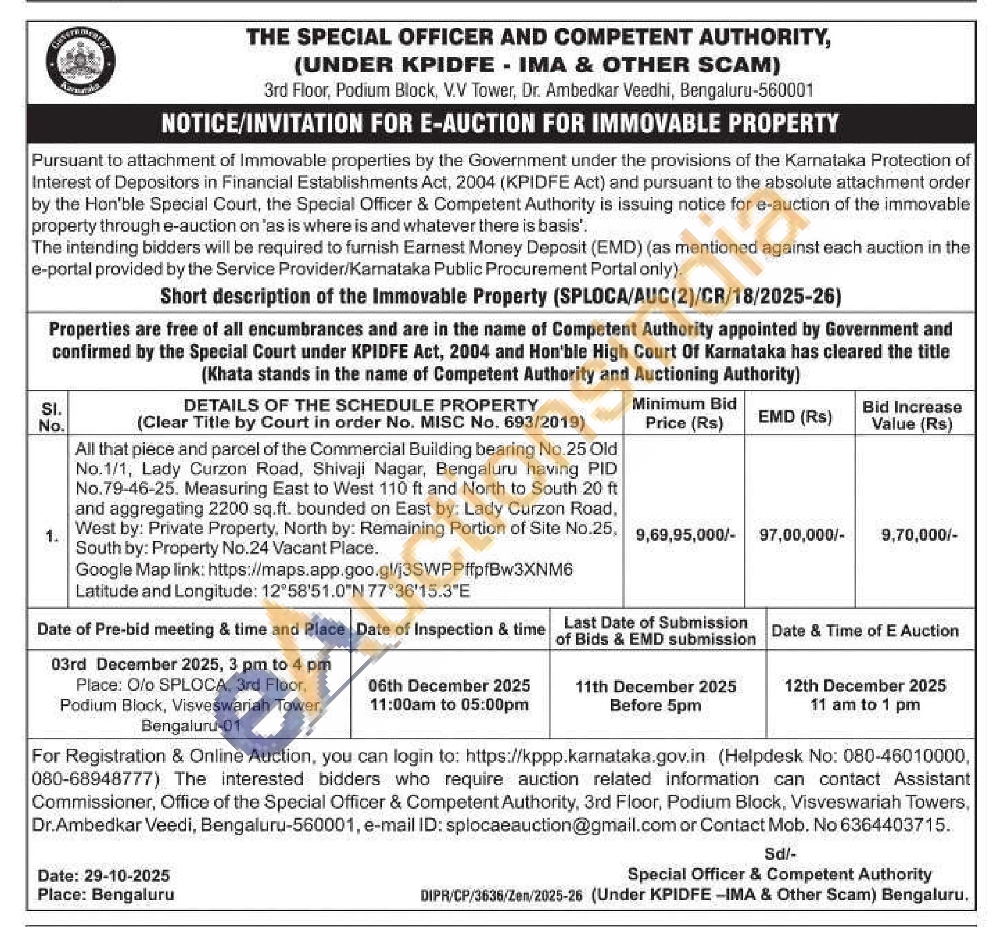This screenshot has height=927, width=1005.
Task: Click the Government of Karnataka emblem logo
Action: point(80,61)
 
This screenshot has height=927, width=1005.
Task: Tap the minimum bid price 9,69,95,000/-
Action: point(685,535)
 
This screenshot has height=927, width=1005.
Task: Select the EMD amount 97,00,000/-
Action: point(801,535)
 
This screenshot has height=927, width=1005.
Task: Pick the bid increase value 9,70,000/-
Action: point(919,535)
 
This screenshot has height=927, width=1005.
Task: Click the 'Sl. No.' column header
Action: point(52,417)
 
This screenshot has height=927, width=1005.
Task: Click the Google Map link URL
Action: point(390,570)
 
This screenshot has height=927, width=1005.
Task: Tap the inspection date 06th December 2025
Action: point(449,686)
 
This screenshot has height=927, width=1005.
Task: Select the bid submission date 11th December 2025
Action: point(656,686)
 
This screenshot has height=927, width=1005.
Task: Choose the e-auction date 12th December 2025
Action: point(865,686)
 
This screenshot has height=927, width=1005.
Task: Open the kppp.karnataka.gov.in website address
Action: point(585,755)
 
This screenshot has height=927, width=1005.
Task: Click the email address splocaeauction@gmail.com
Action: point(561,825)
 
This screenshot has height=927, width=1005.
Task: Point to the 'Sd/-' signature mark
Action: point(780,853)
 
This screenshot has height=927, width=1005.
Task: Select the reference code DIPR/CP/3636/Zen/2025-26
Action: point(501,896)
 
